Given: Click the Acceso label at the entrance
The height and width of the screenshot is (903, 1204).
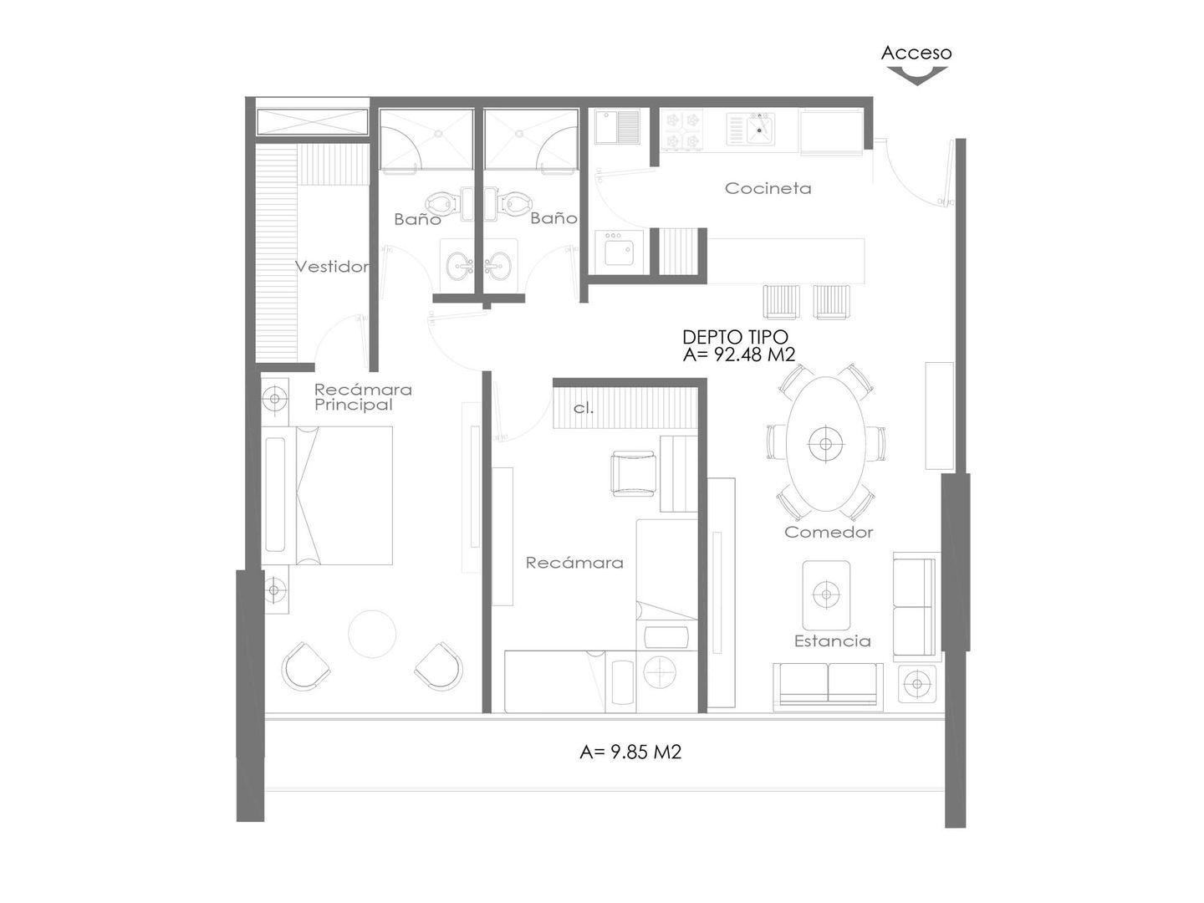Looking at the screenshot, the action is coord(916,53).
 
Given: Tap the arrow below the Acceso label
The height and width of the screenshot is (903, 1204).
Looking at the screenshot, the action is coord(917,75).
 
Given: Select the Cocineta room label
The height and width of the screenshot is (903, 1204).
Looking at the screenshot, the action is coord(768,188).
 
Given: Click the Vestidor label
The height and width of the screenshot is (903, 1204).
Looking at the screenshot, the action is coord(332,267).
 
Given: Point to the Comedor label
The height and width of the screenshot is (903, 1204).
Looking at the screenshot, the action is coord(829,532).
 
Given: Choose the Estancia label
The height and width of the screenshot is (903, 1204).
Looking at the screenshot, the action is coord(833,641).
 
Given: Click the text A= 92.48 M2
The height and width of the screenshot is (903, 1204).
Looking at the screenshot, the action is coord(739,355).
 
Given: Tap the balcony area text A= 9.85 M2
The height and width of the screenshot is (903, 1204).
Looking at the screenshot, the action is coord(630,752).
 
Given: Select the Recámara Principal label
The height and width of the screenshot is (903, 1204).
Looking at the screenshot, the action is coord(363,397).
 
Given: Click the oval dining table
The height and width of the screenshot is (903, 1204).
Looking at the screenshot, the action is coord(826,443).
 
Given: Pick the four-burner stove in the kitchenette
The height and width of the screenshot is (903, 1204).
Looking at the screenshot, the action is coord(681,130).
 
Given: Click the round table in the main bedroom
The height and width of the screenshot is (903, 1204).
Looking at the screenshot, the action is coord(372,634).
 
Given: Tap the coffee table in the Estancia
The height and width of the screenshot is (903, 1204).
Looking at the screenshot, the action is coord(826,594).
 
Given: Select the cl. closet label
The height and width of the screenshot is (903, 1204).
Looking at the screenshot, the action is coord(584,409).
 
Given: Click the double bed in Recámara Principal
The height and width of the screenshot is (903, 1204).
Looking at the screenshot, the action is coord(328,496).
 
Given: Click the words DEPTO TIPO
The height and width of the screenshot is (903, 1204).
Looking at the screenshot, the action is coord(735,337).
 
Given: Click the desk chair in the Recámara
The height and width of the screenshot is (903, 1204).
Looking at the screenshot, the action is coord(633,474).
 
